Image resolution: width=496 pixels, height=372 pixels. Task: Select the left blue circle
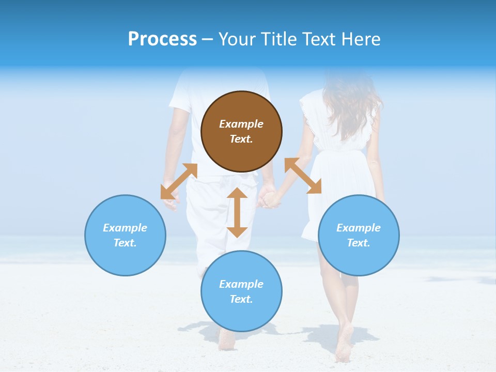coord(125,235)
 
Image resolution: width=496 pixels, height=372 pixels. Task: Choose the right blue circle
coord(359,235)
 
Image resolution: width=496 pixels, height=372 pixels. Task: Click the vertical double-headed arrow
coord(237,212)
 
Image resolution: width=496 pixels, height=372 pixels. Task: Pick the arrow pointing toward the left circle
coord(179,181)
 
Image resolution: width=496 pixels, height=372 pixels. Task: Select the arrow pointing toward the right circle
coord(303,176)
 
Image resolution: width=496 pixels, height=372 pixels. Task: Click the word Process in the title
coord(162,39)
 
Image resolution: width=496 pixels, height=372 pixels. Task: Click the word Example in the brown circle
coord(241,124)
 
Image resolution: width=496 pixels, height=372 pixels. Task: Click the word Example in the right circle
coord(359,228)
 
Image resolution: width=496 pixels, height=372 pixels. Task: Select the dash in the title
coord(208,39)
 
